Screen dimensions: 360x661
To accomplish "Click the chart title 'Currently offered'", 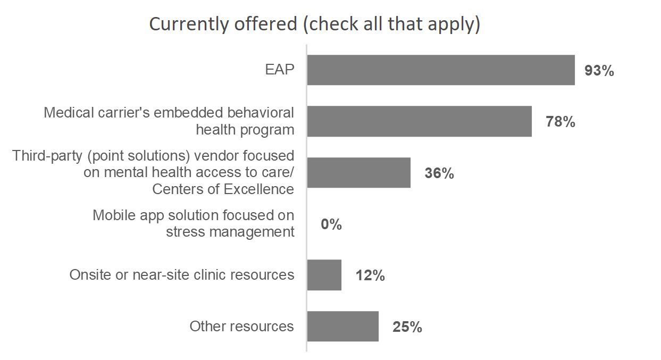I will [x=314, y=24].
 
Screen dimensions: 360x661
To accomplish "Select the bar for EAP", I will [x=441, y=70].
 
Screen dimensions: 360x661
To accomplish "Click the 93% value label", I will [x=599, y=71].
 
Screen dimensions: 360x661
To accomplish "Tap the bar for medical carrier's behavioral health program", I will [x=419, y=121].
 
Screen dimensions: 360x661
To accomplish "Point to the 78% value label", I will [x=560, y=122].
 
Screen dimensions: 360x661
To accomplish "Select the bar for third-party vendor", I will [x=358, y=172].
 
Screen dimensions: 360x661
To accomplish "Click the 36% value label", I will [x=439, y=173].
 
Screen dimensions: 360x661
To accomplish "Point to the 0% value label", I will [x=331, y=224].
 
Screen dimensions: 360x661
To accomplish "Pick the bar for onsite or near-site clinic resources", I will [x=324, y=275].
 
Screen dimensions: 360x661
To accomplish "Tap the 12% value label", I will [x=370, y=276].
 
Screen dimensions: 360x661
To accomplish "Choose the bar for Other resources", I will [x=342, y=326].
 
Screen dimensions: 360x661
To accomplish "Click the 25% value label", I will [x=407, y=327].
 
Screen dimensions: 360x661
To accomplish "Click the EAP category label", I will [x=280, y=70].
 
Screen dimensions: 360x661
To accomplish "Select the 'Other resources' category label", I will [x=241, y=326].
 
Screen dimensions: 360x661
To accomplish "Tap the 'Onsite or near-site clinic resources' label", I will [x=182, y=275].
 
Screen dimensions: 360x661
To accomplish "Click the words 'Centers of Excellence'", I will [x=223, y=189].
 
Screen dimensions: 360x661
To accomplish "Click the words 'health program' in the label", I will [x=245, y=129].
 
